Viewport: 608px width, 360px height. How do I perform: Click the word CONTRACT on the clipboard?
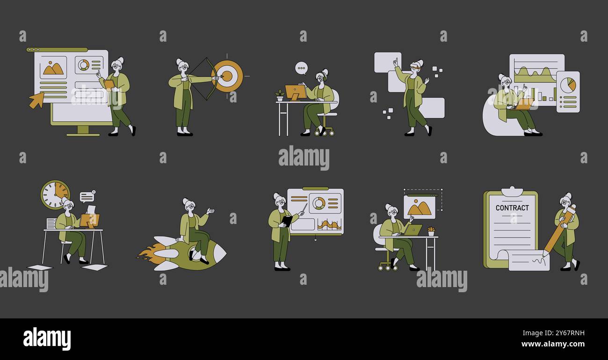click(512, 208)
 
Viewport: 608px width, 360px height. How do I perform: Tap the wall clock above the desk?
click(55, 194)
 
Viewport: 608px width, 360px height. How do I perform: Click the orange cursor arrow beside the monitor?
click(36, 100)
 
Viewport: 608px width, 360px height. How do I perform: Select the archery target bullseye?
click(227, 76)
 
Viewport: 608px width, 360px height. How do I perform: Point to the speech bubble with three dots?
click(302, 68)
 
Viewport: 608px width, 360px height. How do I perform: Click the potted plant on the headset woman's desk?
click(280, 96)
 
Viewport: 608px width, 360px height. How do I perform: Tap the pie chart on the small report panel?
click(568, 85)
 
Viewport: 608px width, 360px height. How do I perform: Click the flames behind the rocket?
click(150, 252)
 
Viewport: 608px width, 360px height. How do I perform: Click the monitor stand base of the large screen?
click(83, 134)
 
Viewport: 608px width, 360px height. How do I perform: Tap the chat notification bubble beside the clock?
click(87, 197)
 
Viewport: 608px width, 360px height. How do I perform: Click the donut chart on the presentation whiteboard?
click(318, 203)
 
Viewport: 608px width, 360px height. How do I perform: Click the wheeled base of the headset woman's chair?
click(324, 132)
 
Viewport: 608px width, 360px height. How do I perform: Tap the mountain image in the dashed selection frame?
click(419, 207)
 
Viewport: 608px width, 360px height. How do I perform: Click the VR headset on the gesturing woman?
click(414, 68)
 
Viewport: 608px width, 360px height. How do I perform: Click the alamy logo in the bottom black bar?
click(47, 338)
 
